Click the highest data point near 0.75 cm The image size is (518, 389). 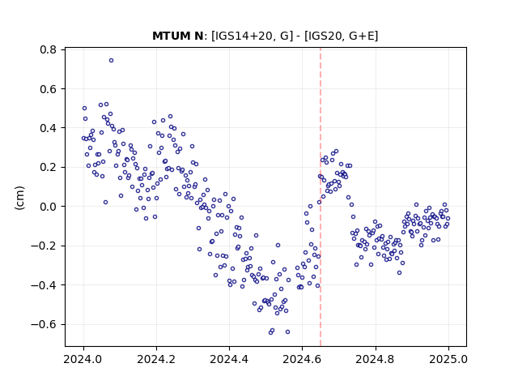(x=112, y=60)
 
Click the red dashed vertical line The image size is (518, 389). (x=321, y=197)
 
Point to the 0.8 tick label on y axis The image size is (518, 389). (x=49, y=49)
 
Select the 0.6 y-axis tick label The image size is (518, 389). (x=49, y=89)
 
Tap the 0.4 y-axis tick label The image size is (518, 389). (x=49, y=128)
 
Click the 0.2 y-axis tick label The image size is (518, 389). (x=49, y=168)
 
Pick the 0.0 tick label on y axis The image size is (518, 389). (x=49, y=207)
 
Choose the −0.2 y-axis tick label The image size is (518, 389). (x=44, y=246)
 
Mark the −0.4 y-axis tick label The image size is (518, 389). (x=44, y=284)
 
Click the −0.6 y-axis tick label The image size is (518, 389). (x=44, y=324)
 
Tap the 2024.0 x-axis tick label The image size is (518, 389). (x=83, y=359)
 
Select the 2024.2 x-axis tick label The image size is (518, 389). (x=156, y=359)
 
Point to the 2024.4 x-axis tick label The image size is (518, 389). (x=229, y=359)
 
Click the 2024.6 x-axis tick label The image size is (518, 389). (x=302, y=359)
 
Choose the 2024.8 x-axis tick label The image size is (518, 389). (x=376, y=359)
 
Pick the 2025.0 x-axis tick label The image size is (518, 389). (x=448, y=359)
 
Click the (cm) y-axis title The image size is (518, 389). (x=19, y=198)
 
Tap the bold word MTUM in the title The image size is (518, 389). (x=169, y=36)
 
